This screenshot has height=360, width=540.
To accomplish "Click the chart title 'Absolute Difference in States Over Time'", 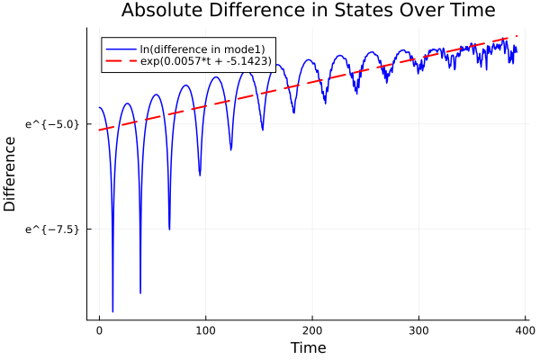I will [x=308, y=11].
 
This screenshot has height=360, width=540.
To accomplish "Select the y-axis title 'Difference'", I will [x=10, y=174].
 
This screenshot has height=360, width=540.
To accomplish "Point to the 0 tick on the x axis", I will [x=100, y=329].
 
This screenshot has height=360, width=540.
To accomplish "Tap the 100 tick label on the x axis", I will [x=206, y=329].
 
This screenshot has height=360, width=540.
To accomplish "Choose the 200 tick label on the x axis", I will [x=312, y=329].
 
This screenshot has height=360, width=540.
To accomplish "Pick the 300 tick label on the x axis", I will [x=418, y=329].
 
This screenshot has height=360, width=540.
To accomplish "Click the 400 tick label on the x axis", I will [x=525, y=329].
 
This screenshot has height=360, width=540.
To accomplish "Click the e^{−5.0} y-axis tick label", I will [x=54, y=123].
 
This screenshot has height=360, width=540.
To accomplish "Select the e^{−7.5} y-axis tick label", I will [x=54, y=229].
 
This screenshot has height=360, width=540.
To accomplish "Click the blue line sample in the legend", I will [x=120, y=48].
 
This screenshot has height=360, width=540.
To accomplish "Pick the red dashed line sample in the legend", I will [x=120, y=61].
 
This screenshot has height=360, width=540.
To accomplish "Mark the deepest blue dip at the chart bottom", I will [x=112, y=310].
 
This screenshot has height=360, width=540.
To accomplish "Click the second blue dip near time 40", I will [x=140, y=292].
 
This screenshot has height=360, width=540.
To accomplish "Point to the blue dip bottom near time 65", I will [x=169, y=229].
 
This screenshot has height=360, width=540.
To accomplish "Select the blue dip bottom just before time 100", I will [x=200, y=175].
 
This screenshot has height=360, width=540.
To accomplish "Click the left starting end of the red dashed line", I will [x=100, y=130].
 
